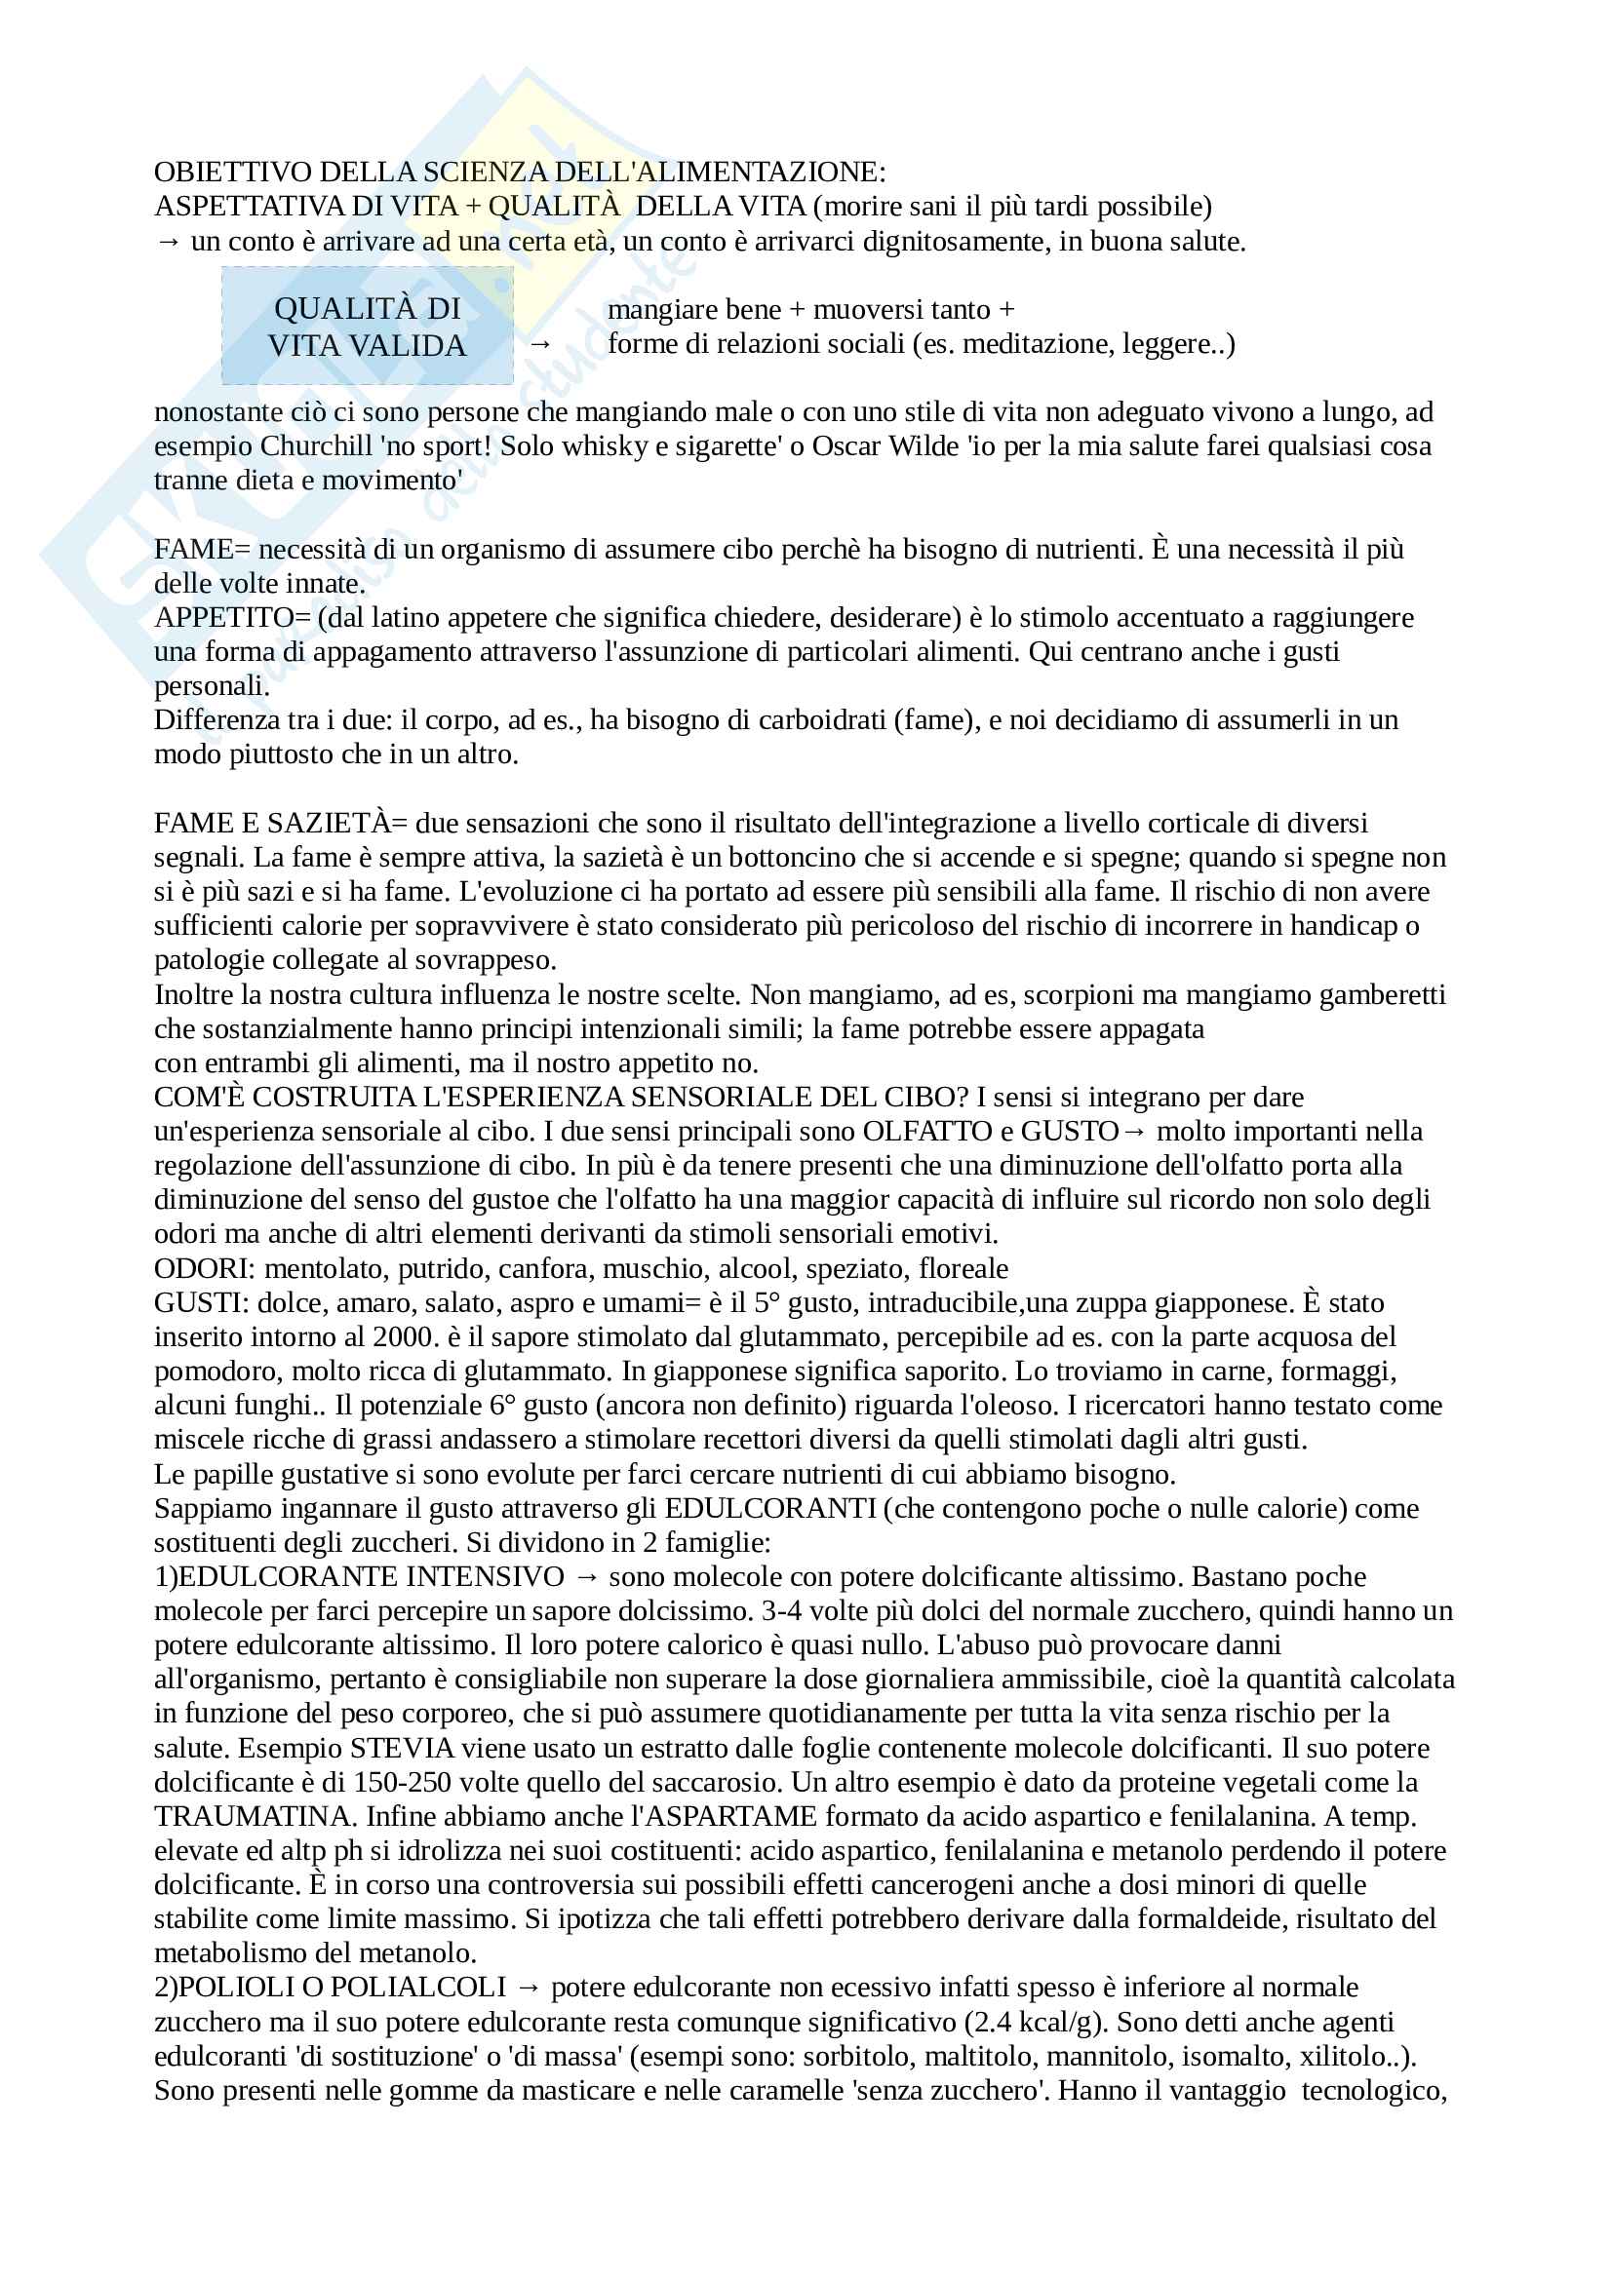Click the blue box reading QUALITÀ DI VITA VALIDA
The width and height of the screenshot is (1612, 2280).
pyautogui.click(x=367, y=326)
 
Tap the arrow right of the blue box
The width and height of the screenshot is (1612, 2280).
pyautogui.click(x=539, y=344)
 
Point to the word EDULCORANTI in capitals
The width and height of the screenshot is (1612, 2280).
pyautogui.click(x=769, y=1508)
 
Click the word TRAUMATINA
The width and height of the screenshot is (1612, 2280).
pyautogui.click(x=255, y=1816)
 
